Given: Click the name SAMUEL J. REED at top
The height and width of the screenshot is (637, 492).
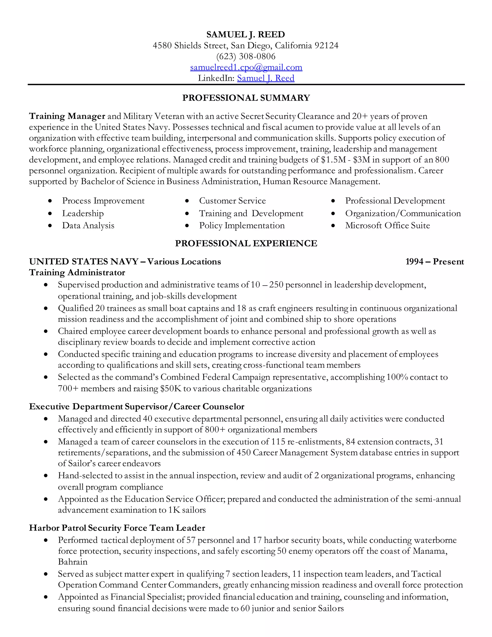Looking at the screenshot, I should click(x=246, y=34).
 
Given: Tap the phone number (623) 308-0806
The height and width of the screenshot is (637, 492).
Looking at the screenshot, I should click(x=246, y=56).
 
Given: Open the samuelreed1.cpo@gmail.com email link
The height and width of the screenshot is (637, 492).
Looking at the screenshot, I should click(x=246, y=67).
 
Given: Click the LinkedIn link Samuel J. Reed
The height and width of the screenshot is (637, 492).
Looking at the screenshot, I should click(x=265, y=78).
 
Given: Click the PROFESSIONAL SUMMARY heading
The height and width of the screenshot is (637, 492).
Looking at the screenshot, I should click(x=246, y=98).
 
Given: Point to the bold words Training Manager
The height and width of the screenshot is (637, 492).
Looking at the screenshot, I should click(x=67, y=116).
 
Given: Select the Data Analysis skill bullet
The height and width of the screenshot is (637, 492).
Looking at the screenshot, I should click(x=88, y=225).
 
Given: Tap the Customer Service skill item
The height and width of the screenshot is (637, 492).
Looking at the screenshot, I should click(x=232, y=201).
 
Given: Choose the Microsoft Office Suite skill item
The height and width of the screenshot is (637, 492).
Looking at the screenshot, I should click(x=387, y=225).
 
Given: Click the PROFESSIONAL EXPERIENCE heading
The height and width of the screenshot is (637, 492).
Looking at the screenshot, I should click(x=246, y=243).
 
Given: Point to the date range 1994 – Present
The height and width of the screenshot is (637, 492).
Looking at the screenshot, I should click(x=434, y=262).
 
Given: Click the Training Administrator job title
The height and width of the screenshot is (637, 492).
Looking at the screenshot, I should click(x=77, y=272).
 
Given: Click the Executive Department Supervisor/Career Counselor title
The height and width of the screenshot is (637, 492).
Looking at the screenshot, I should click(x=136, y=406).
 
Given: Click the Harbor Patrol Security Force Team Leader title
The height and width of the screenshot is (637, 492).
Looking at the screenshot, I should click(x=117, y=528).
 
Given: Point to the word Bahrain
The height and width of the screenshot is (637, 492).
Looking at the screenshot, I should click(x=73, y=562).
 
